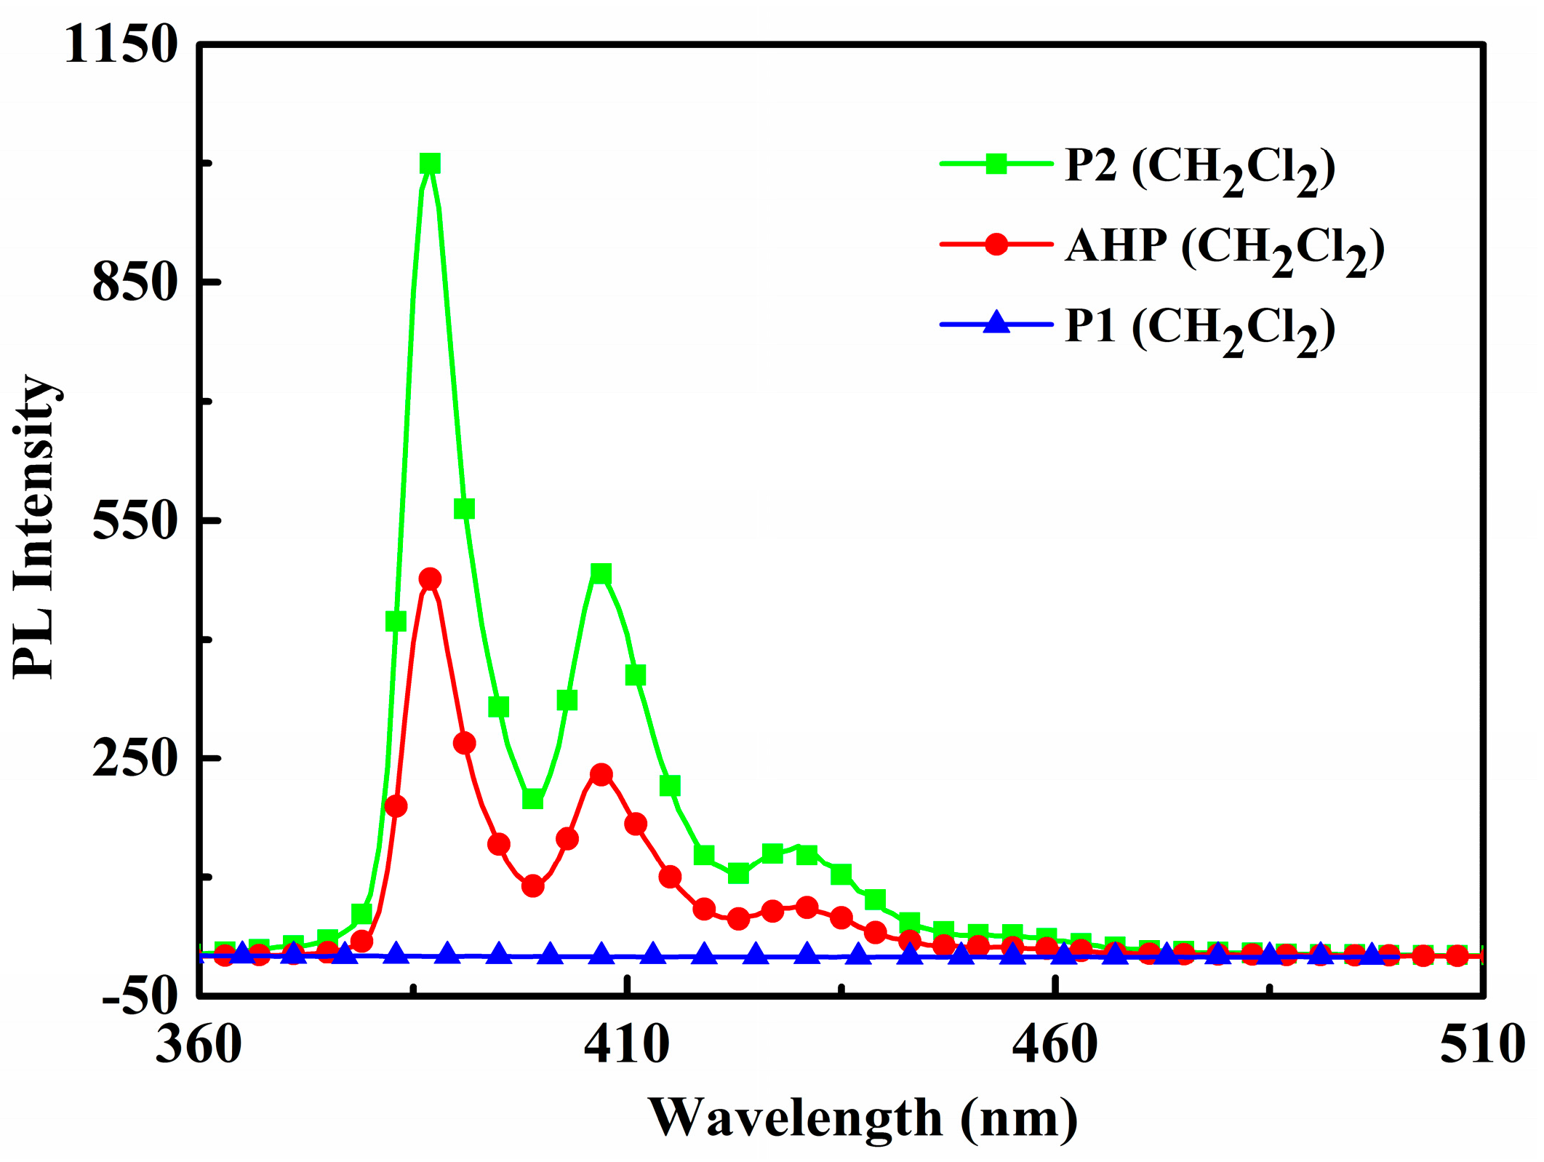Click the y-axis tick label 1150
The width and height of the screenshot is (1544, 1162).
(121, 45)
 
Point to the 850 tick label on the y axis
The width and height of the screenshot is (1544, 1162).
(135, 282)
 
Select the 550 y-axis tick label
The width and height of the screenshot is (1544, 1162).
(135, 520)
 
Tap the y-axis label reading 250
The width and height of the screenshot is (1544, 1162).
(135, 758)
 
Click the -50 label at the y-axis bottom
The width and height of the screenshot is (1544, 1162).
(140, 995)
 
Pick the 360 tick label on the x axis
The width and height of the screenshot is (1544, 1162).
(199, 1046)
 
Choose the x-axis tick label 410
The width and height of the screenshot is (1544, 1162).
(626, 1046)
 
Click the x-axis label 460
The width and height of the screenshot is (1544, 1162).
(1055, 1046)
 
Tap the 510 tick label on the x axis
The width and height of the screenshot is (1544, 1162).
(1482, 1046)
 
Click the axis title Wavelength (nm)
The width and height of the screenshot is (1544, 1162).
(863, 1118)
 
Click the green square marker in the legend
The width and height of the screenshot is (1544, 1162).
(996, 164)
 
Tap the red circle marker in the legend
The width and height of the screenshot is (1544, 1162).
(996, 244)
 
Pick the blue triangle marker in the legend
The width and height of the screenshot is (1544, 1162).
(996, 322)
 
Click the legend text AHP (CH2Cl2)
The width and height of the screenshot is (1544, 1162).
(1225, 247)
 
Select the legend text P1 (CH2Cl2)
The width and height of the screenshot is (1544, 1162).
(1200, 328)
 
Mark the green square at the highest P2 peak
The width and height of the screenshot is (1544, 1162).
(430, 164)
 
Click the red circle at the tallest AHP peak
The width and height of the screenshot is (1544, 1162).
(430, 579)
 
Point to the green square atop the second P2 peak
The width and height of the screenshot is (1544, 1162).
(601, 573)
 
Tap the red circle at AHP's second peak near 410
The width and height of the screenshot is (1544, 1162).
(601, 774)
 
